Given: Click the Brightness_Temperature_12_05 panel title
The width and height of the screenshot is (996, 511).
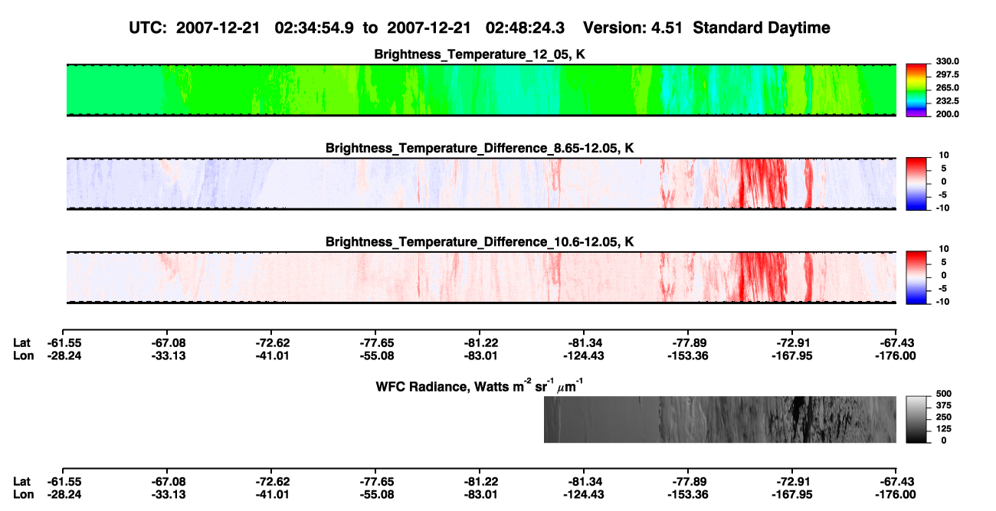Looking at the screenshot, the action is [x=480, y=54].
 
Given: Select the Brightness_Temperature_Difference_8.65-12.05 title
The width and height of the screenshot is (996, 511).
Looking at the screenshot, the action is [x=480, y=148].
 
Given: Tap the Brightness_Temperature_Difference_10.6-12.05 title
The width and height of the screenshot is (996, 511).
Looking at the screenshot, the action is [x=480, y=242].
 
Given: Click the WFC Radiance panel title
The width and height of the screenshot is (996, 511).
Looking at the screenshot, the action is [x=480, y=385].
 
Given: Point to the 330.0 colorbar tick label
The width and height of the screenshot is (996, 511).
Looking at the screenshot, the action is [x=947, y=61].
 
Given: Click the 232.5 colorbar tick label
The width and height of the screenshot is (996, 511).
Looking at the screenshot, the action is [x=947, y=101].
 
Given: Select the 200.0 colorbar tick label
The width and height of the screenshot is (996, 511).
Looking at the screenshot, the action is [x=947, y=114].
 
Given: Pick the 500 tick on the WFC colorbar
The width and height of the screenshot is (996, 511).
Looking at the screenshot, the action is [x=944, y=394].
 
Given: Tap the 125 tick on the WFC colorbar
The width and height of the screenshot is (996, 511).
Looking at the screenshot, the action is [x=944, y=429].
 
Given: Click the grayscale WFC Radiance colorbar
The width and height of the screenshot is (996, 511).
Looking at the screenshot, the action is [x=916, y=419].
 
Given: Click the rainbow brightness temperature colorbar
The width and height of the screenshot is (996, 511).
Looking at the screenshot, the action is [x=916, y=90].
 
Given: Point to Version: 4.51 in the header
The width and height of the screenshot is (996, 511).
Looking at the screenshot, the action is [x=633, y=28].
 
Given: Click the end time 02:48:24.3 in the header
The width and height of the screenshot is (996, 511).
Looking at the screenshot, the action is [x=525, y=28].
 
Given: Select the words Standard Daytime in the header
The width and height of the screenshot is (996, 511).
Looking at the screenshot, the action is [x=762, y=28].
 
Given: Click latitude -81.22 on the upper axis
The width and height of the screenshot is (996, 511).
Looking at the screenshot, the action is [x=481, y=343].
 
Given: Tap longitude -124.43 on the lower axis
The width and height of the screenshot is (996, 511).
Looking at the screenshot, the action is [x=583, y=495].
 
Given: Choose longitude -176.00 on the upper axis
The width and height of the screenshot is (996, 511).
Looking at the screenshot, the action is [x=896, y=355].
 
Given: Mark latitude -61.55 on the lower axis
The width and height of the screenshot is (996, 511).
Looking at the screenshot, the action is [x=64, y=482].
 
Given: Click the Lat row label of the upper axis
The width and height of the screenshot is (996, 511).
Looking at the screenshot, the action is [x=21, y=343].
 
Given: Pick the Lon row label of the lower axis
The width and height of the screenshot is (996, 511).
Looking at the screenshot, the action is [x=23, y=495].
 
